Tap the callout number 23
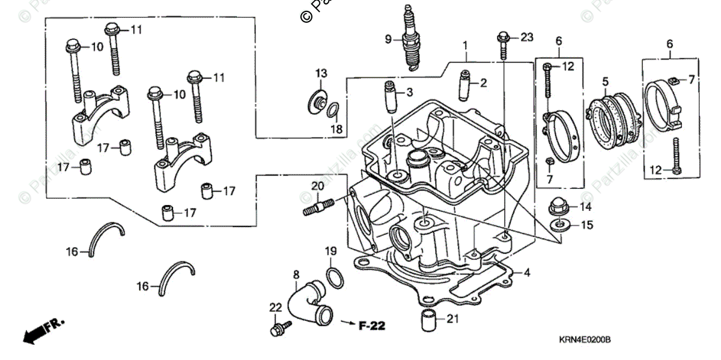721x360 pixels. click(x=526, y=38)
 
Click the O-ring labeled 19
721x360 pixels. click(x=335, y=277)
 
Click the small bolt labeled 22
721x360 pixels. click(x=279, y=328)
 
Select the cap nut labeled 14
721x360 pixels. click(x=558, y=207)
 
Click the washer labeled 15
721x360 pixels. click(x=559, y=225)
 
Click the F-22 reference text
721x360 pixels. click(x=372, y=325)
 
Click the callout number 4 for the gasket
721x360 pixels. click(x=526, y=273)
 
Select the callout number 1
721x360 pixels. click(x=464, y=46)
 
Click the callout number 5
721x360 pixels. click(x=605, y=81)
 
